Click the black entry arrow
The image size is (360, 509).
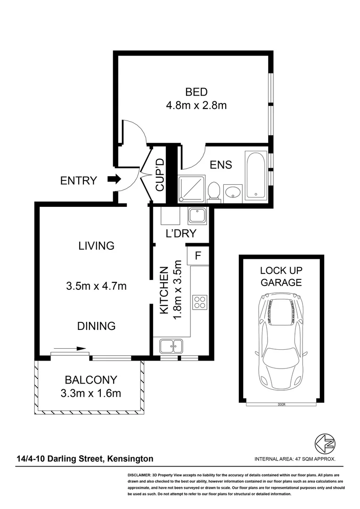coord(114,179)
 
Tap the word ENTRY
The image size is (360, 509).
coord(79,181)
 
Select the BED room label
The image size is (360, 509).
coord(196,92)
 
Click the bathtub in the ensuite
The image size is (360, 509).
coord(256,174)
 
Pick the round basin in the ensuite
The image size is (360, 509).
coord(232,192)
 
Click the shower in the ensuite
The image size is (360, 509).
coord(191,189)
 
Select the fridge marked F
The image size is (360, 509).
coord(198,256)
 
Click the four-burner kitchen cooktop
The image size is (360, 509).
coord(199,302)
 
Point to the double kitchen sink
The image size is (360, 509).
coord(172,346)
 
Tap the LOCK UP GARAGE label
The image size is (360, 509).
coord(281,277)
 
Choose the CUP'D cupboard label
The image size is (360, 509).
coord(161,175)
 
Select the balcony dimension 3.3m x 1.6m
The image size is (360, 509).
coord(91,392)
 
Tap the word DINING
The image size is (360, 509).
coord(97,326)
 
